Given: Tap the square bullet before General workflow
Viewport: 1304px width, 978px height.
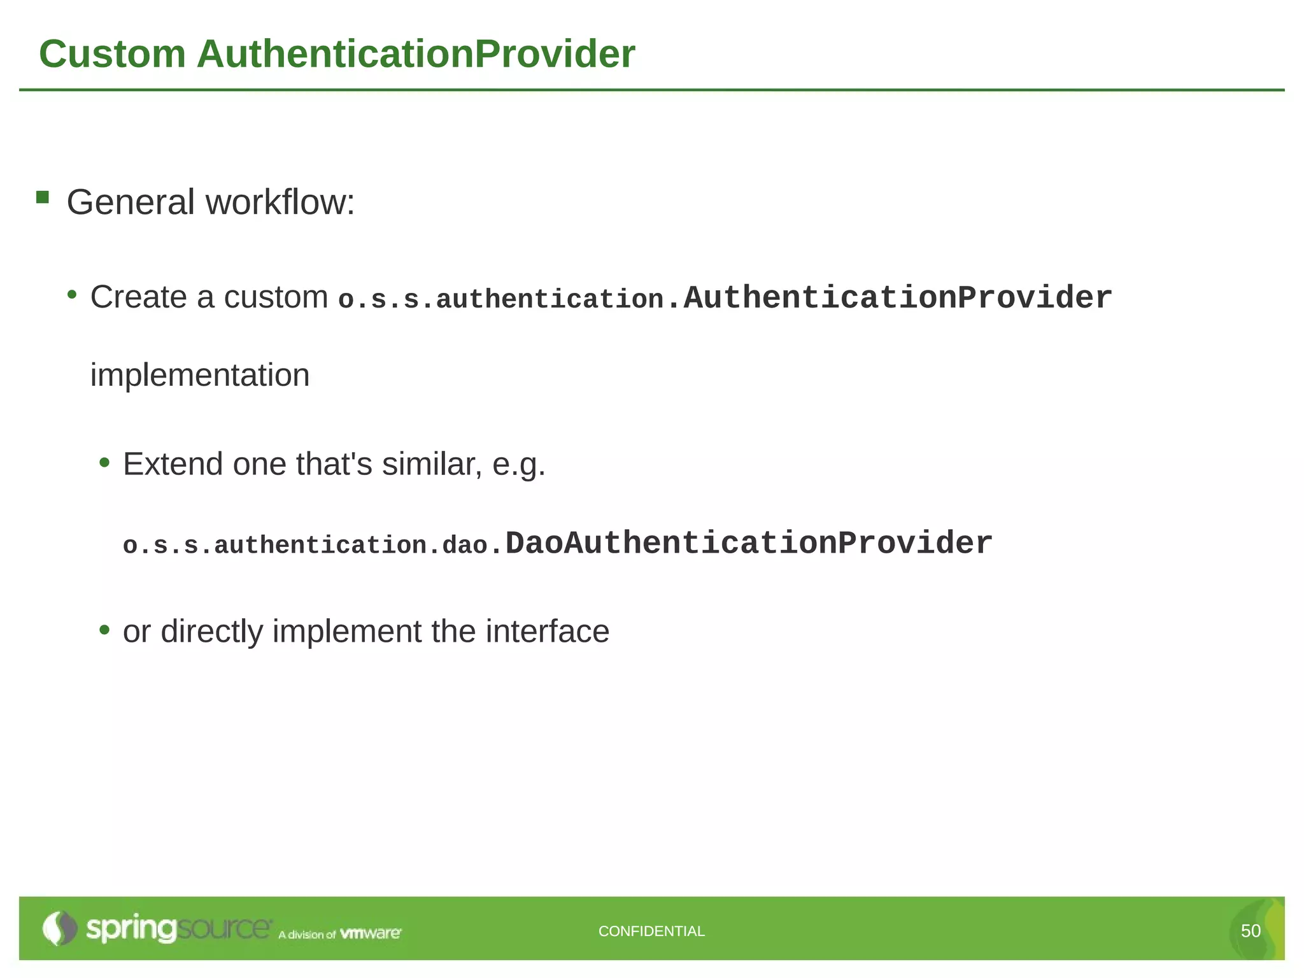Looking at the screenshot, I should click(x=43, y=197).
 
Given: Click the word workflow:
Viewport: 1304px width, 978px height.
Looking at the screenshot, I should click(x=280, y=202).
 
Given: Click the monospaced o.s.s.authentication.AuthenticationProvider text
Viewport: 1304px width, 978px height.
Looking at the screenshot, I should click(x=725, y=299).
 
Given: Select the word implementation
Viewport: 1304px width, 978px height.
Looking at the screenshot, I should click(x=200, y=375).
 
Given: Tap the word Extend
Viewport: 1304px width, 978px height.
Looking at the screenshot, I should click(x=173, y=464).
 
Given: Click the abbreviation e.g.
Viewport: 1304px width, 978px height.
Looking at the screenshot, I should click(x=519, y=465).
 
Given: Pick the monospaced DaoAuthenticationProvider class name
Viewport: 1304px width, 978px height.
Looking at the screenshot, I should click(x=748, y=544).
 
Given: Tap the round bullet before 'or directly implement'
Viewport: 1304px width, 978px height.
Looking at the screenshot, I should click(x=105, y=630).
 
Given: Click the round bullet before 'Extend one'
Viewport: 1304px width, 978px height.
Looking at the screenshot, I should click(x=105, y=462).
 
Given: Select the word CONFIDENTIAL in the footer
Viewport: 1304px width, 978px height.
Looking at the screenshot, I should click(x=651, y=932).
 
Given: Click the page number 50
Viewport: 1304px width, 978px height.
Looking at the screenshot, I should click(x=1251, y=932).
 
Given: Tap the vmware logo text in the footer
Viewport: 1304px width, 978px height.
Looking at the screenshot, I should click(x=371, y=933).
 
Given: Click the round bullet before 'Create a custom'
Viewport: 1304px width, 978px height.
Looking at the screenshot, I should click(x=73, y=295).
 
